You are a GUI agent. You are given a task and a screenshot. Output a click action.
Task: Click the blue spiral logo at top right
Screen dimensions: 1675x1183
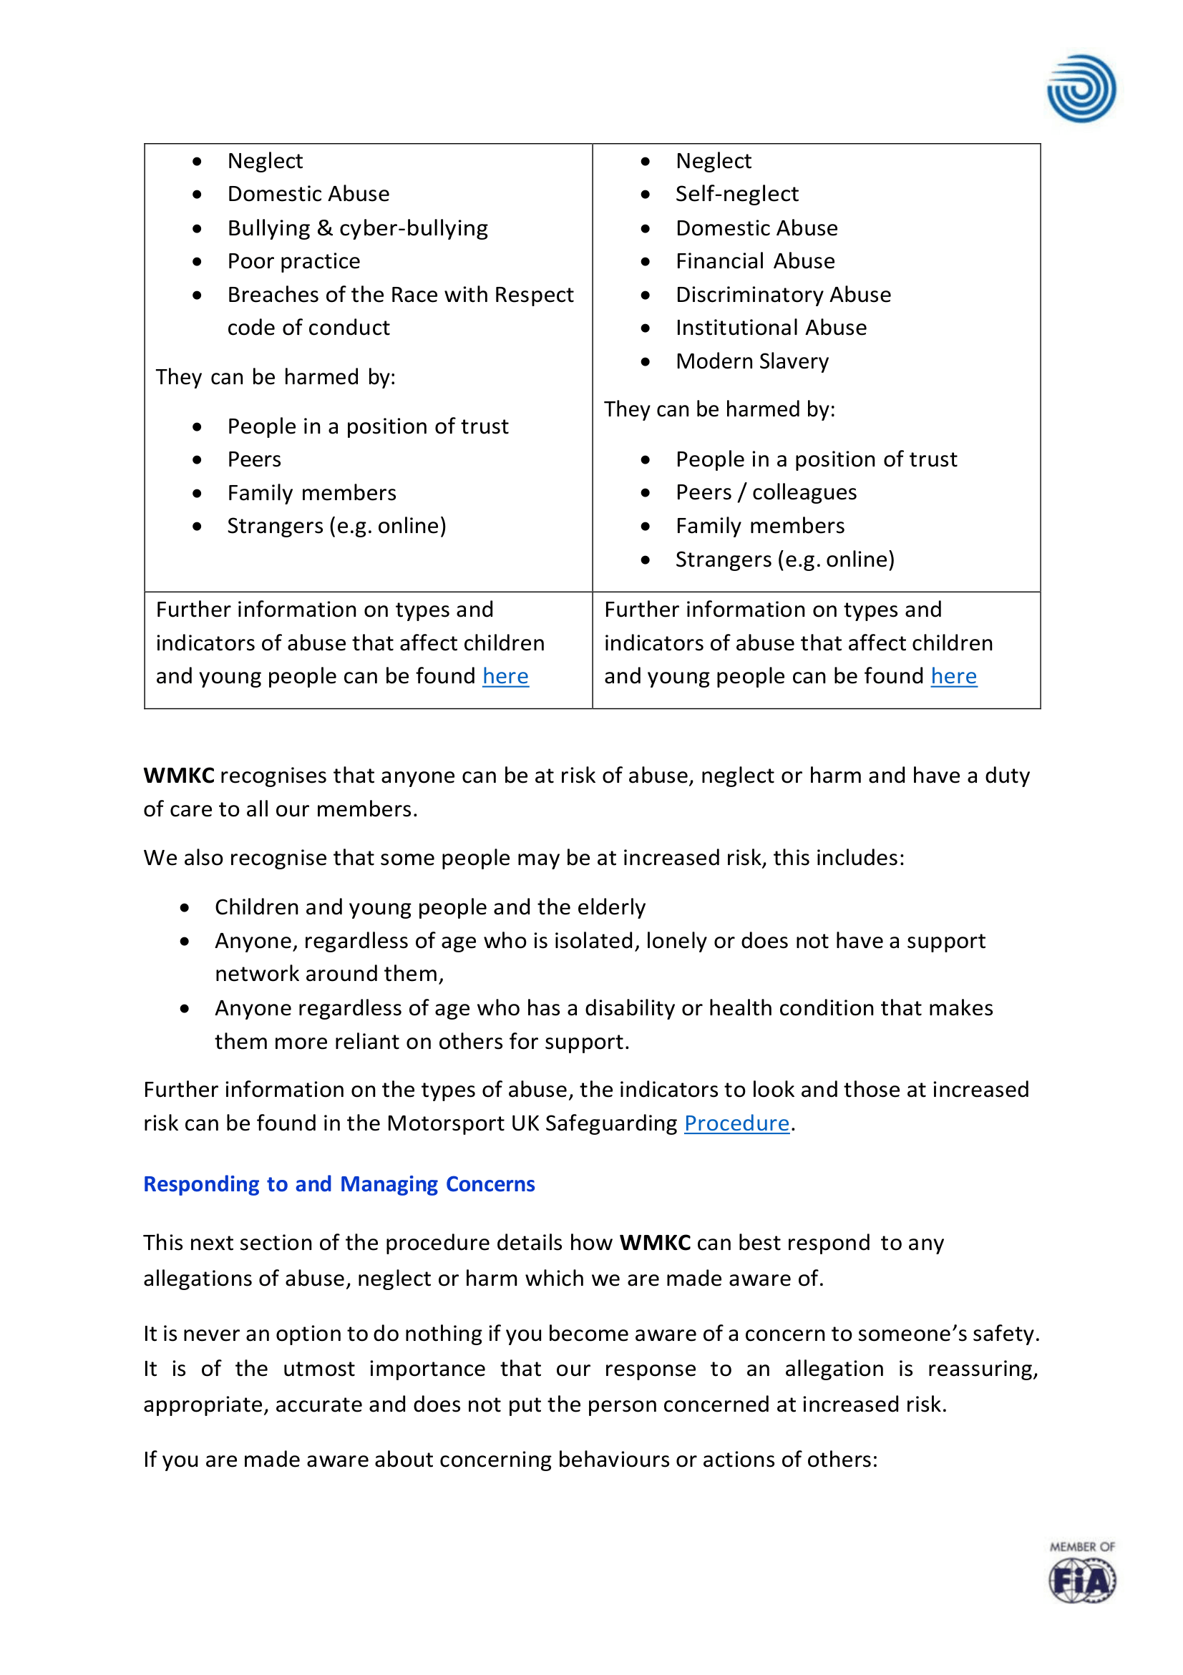(x=1081, y=88)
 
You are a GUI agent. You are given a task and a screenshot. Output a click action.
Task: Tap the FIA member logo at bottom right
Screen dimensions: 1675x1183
(x=1081, y=1580)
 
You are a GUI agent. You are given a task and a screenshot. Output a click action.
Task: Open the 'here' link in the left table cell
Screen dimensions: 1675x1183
(x=505, y=676)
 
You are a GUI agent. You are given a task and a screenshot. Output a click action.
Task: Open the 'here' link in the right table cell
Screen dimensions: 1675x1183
(x=953, y=676)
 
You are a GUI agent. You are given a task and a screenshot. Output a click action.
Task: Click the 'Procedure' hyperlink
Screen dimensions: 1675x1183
(x=736, y=1123)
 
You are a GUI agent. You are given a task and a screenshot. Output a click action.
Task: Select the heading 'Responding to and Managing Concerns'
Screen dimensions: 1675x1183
(x=339, y=1184)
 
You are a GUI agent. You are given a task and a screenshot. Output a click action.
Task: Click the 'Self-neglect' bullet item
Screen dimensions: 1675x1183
(x=736, y=194)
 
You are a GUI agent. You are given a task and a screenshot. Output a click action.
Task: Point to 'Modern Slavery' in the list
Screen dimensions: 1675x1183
(x=751, y=361)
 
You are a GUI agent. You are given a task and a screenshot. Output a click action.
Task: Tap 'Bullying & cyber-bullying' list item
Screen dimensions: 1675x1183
(x=358, y=228)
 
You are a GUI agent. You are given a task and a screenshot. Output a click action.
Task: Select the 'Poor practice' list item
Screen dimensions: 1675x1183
(x=293, y=261)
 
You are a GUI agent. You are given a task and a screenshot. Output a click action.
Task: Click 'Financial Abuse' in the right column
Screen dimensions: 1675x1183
(x=754, y=261)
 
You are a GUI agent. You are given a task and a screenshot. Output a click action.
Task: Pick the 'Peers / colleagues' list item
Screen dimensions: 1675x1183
(x=766, y=492)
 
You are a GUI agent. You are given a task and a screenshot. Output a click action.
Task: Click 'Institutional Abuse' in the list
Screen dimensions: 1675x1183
(x=771, y=328)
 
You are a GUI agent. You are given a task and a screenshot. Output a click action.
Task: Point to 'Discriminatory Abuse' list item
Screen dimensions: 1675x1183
(x=783, y=295)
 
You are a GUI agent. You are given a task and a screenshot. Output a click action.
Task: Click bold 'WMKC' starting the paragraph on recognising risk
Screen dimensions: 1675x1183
(x=179, y=776)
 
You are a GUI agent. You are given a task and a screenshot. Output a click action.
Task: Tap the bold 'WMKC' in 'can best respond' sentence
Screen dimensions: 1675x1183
(x=655, y=1242)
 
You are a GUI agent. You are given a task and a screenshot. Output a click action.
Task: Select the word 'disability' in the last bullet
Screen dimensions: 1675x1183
(x=629, y=1007)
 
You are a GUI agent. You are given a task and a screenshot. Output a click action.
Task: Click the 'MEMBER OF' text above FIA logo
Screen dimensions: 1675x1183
(x=1081, y=1547)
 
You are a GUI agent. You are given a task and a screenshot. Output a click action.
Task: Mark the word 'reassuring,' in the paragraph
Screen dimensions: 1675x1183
(x=983, y=1369)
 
